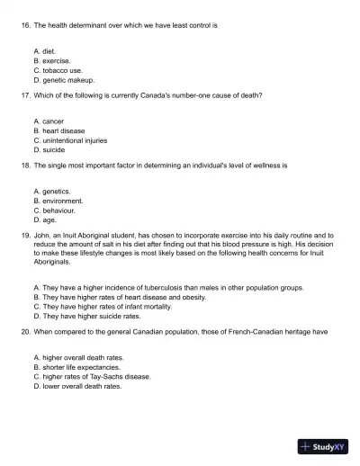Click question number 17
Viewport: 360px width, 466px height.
pyautogui.click(x=24, y=94)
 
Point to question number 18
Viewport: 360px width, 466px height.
pyautogui.click(x=24, y=165)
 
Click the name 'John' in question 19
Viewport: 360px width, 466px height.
pyautogui.click(x=42, y=235)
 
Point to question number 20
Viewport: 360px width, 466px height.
pyautogui.click(x=24, y=331)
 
